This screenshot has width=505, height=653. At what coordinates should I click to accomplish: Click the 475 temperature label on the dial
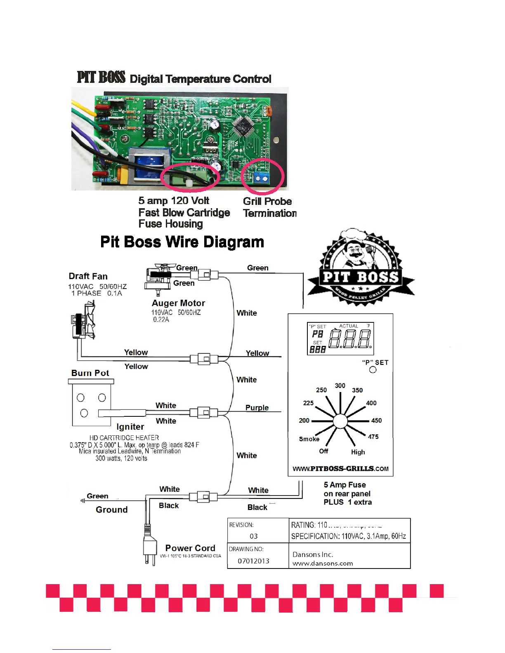(373, 437)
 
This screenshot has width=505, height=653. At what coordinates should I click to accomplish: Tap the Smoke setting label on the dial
(309, 439)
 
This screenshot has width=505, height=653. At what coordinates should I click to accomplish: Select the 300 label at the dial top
(340, 386)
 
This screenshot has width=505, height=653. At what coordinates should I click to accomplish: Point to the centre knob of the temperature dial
(340, 421)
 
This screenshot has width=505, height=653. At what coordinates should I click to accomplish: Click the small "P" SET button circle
(373, 370)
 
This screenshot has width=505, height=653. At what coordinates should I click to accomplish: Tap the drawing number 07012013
(253, 561)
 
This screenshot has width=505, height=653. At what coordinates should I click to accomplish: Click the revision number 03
(253, 536)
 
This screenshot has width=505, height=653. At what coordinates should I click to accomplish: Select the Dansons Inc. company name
(313, 554)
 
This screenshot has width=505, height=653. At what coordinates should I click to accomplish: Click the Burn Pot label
(90, 373)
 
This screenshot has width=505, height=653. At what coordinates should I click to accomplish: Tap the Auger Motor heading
(178, 303)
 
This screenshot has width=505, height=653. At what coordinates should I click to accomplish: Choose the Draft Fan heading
(88, 276)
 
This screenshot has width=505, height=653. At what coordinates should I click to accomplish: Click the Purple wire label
(257, 408)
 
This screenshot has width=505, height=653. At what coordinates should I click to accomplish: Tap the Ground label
(111, 510)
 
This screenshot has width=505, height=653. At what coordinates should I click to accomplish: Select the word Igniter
(130, 427)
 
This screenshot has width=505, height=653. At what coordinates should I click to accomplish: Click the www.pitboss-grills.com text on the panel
(340, 468)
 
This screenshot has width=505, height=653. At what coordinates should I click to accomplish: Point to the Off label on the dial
(323, 451)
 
